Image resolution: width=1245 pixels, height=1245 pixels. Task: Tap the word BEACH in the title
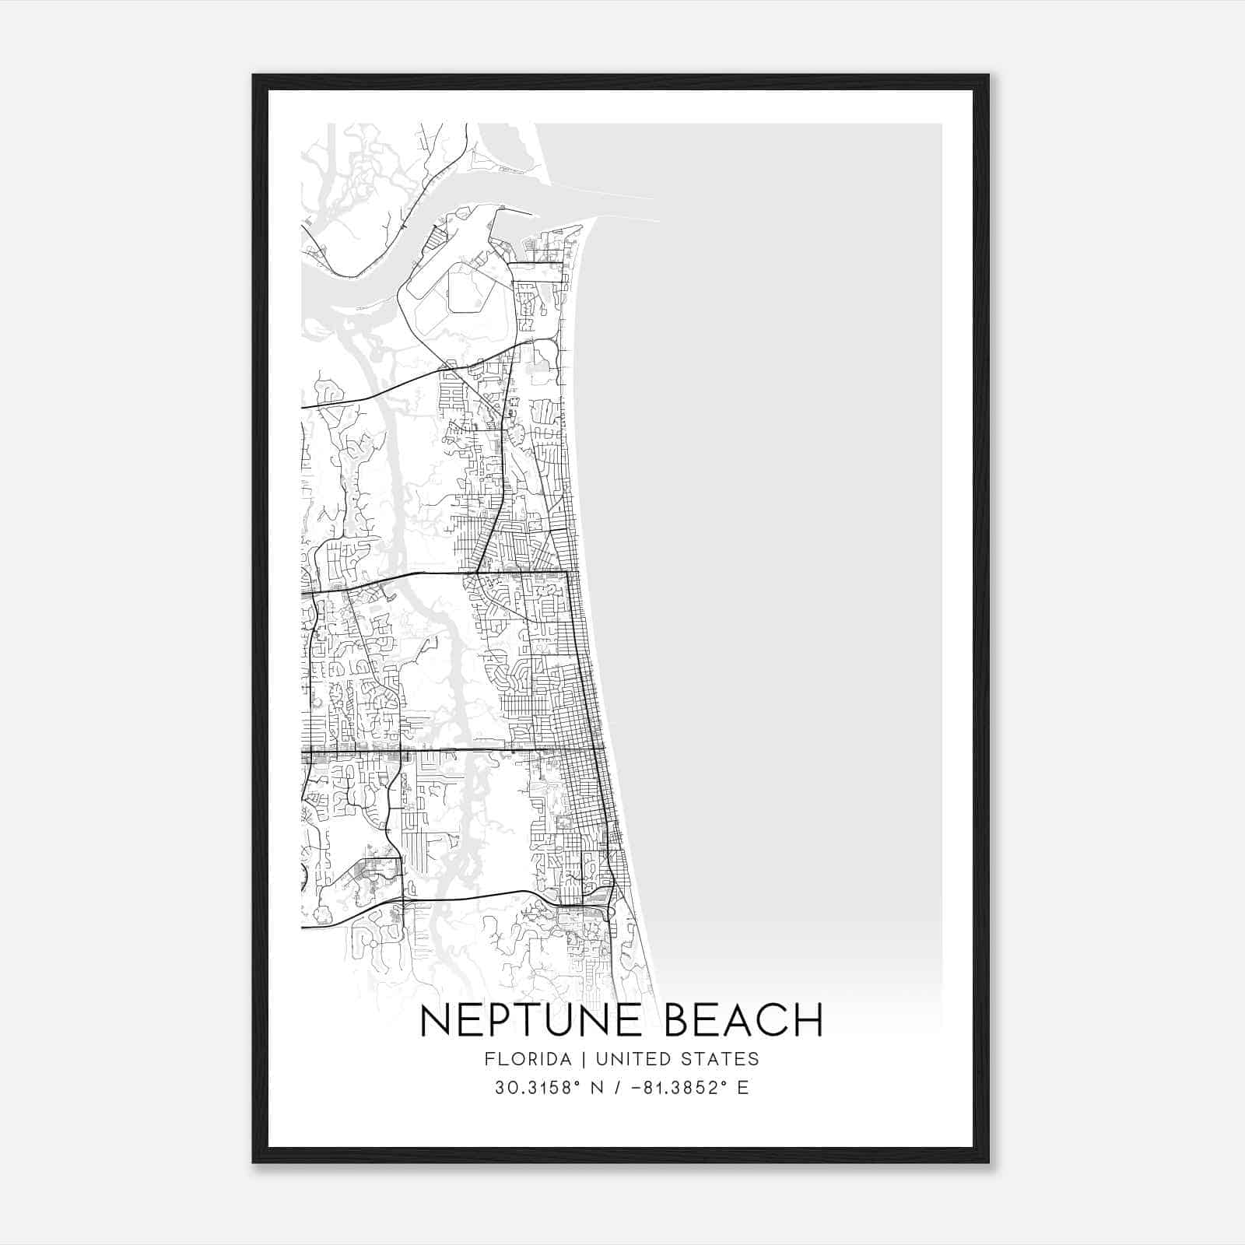click(743, 1020)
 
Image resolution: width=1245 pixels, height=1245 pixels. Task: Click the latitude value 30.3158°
click(538, 1088)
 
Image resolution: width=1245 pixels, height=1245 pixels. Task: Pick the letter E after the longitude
click(742, 1088)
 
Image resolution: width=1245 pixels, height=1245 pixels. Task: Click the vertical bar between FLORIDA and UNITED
click(573, 1059)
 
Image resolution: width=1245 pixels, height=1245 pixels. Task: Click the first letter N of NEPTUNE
click(434, 1020)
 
